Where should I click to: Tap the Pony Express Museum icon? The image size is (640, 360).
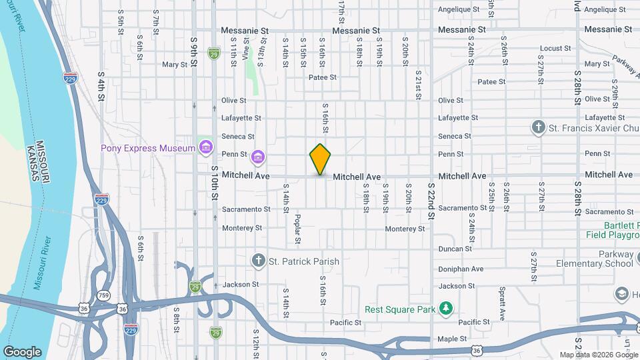click(x=206, y=147)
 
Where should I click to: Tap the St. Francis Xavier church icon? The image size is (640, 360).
click(x=538, y=127)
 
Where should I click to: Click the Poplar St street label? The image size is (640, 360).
click(x=297, y=229)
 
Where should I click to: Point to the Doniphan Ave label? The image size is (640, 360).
click(x=461, y=269)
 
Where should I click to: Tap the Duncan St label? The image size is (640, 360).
click(x=455, y=249)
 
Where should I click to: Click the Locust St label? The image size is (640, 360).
click(x=552, y=48)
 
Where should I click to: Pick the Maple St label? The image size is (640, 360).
click(x=451, y=339)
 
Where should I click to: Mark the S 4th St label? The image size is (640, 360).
click(x=101, y=87)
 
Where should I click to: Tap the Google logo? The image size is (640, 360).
click(x=22, y=351)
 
